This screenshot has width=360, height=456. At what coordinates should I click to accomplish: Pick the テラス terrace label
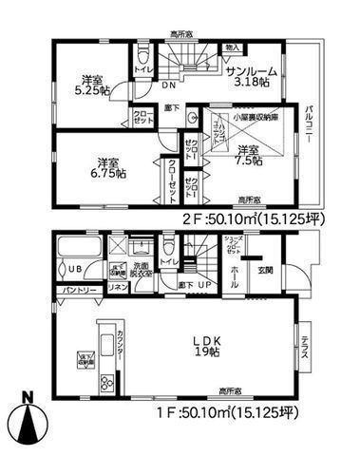(304, 348)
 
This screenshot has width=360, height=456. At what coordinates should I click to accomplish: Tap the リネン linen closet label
(119, 288)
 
